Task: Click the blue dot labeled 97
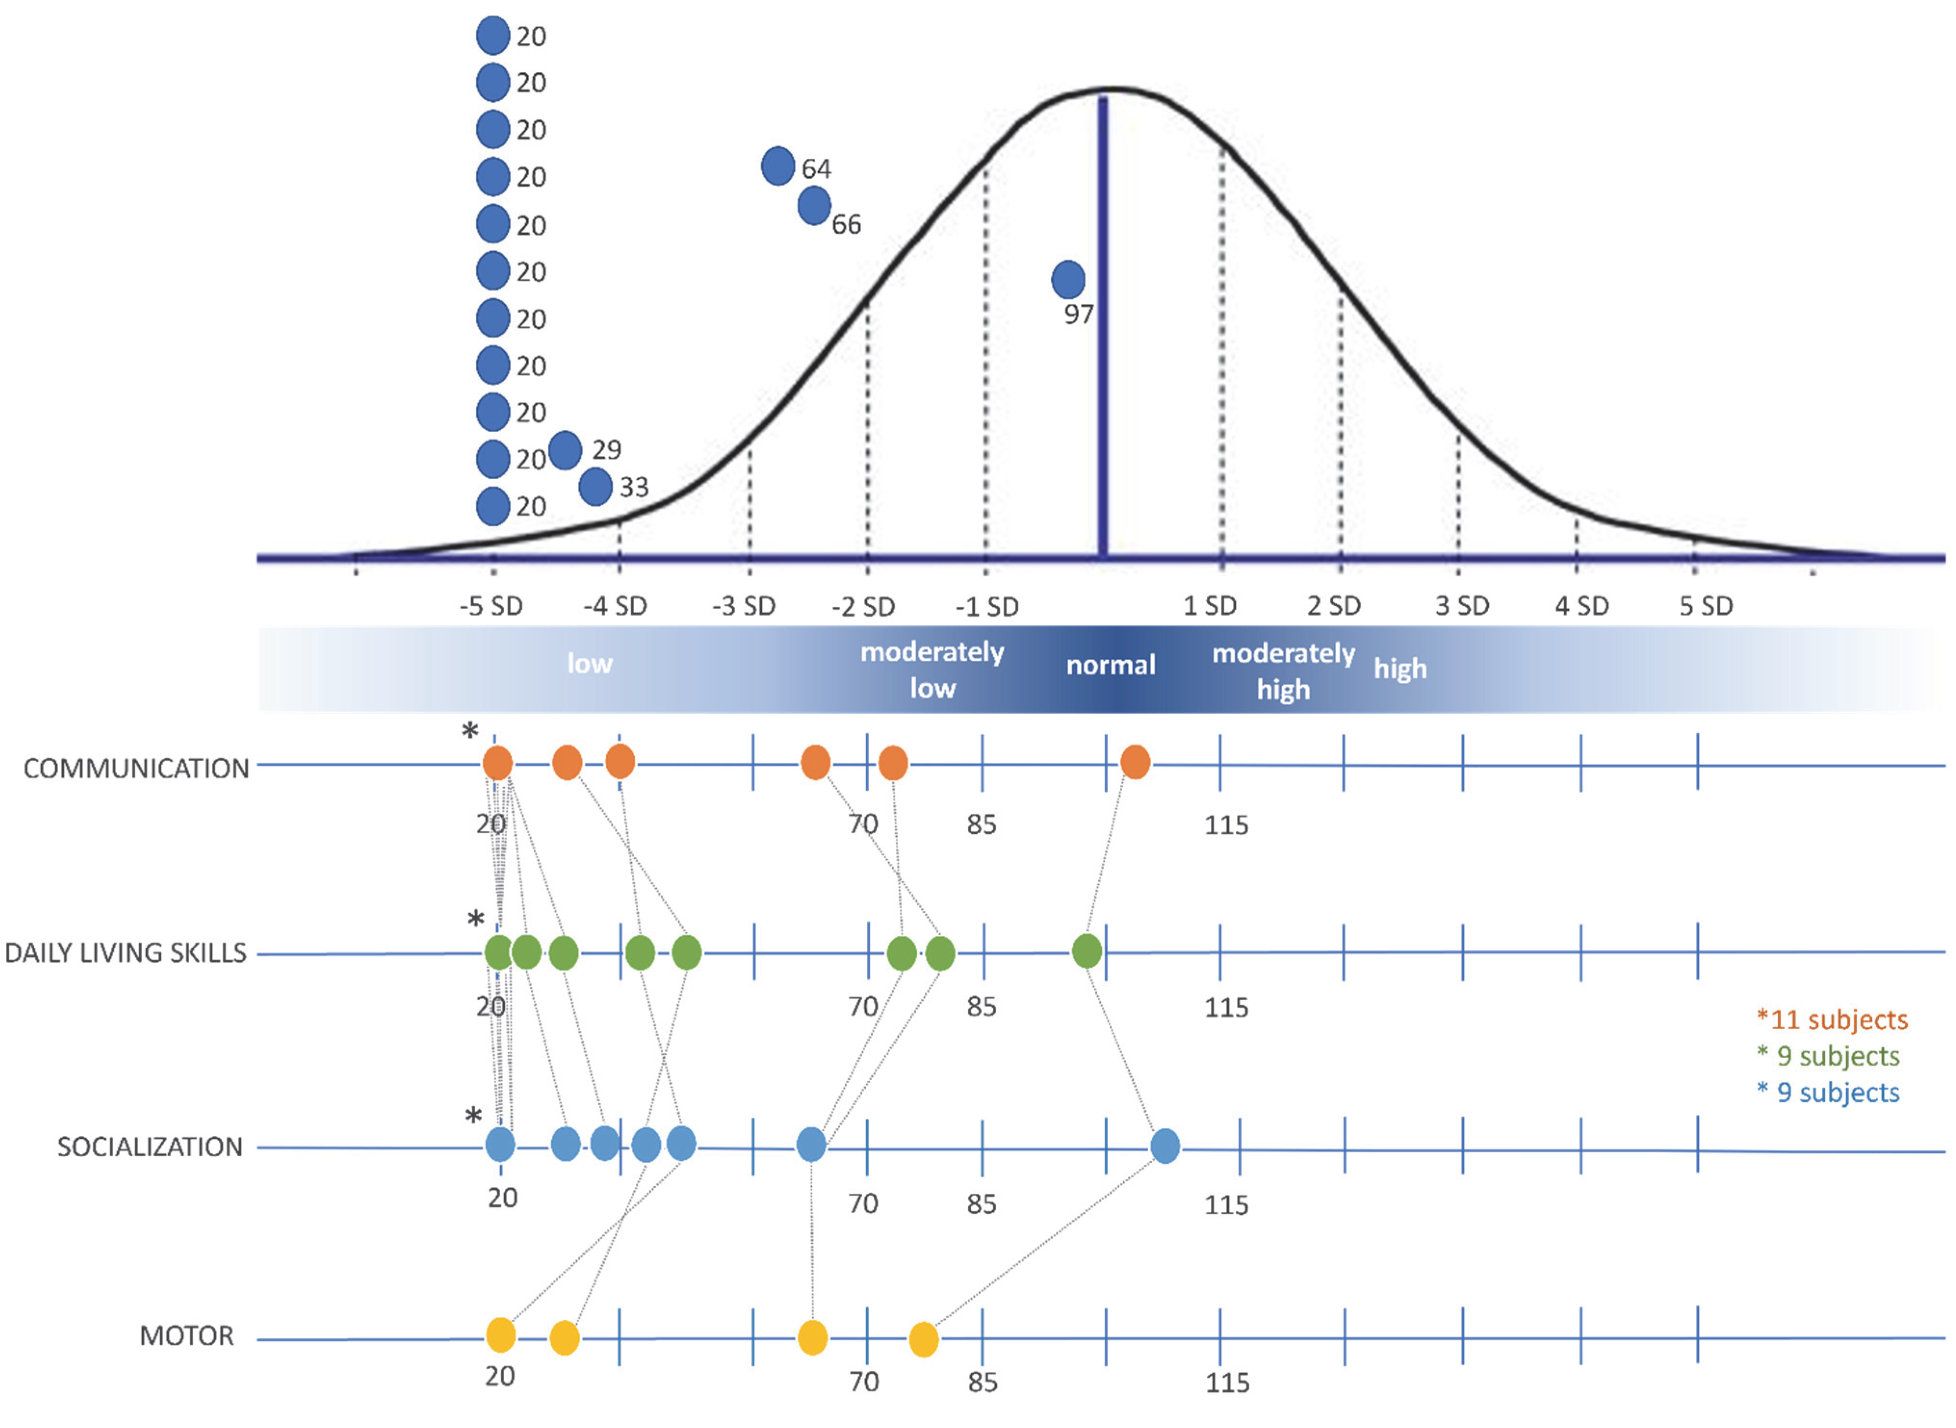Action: click(1068, 279)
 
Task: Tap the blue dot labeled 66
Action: click(814, 206)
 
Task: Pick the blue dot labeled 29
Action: click(565, 449)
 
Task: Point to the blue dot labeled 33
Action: click(595, 486)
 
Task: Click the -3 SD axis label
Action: click(744, 606)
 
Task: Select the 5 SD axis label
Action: click(1705, 606)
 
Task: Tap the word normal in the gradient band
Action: click(1110, 665)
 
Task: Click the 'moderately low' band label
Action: click(932, 670)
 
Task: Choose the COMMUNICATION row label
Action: click(136, 768)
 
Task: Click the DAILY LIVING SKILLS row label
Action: click(125, 953)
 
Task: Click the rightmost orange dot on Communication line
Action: click(1135, 762)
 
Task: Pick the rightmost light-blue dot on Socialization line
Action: click(1164, 1146)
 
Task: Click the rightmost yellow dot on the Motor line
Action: click(923, 1340)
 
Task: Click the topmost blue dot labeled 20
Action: click(492, 36)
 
